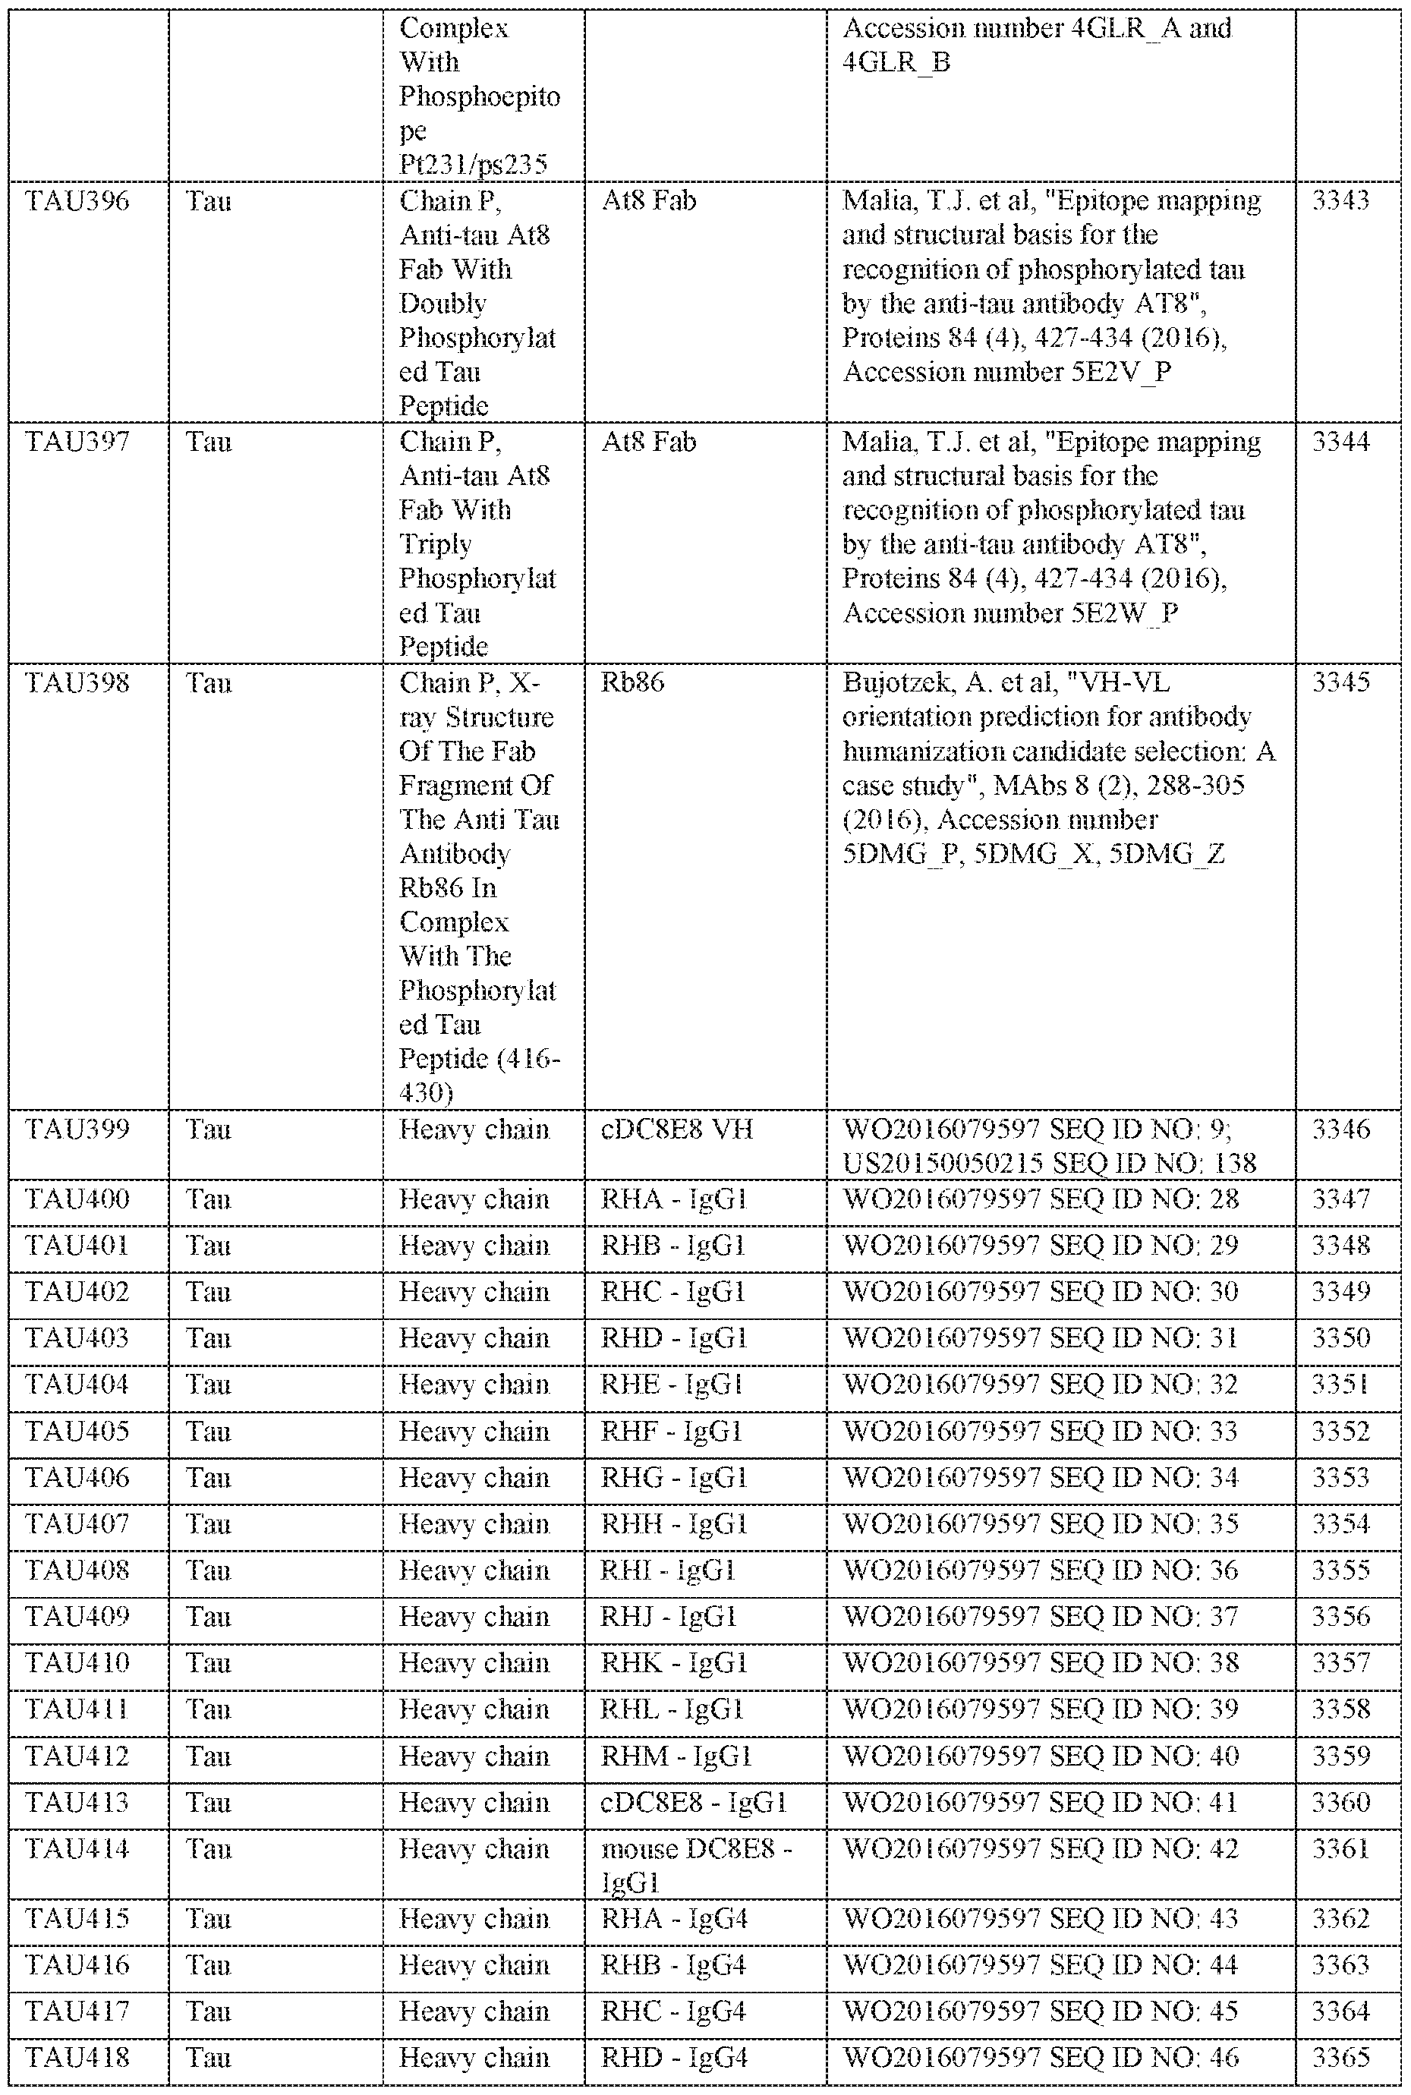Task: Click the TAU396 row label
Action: tap(77, 200)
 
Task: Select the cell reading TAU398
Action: tap(77, 683)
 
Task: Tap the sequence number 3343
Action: tap(1341, 200)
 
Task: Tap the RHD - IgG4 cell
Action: tap(674, 2057)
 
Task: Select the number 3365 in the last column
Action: tap(1341, 2057)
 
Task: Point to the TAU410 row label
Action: tap(77, 1663)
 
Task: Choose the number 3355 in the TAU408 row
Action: tap(1341, 1570)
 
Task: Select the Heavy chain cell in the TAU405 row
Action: tap(474, 1432)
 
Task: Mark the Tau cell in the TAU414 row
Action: tap(208, 1849)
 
